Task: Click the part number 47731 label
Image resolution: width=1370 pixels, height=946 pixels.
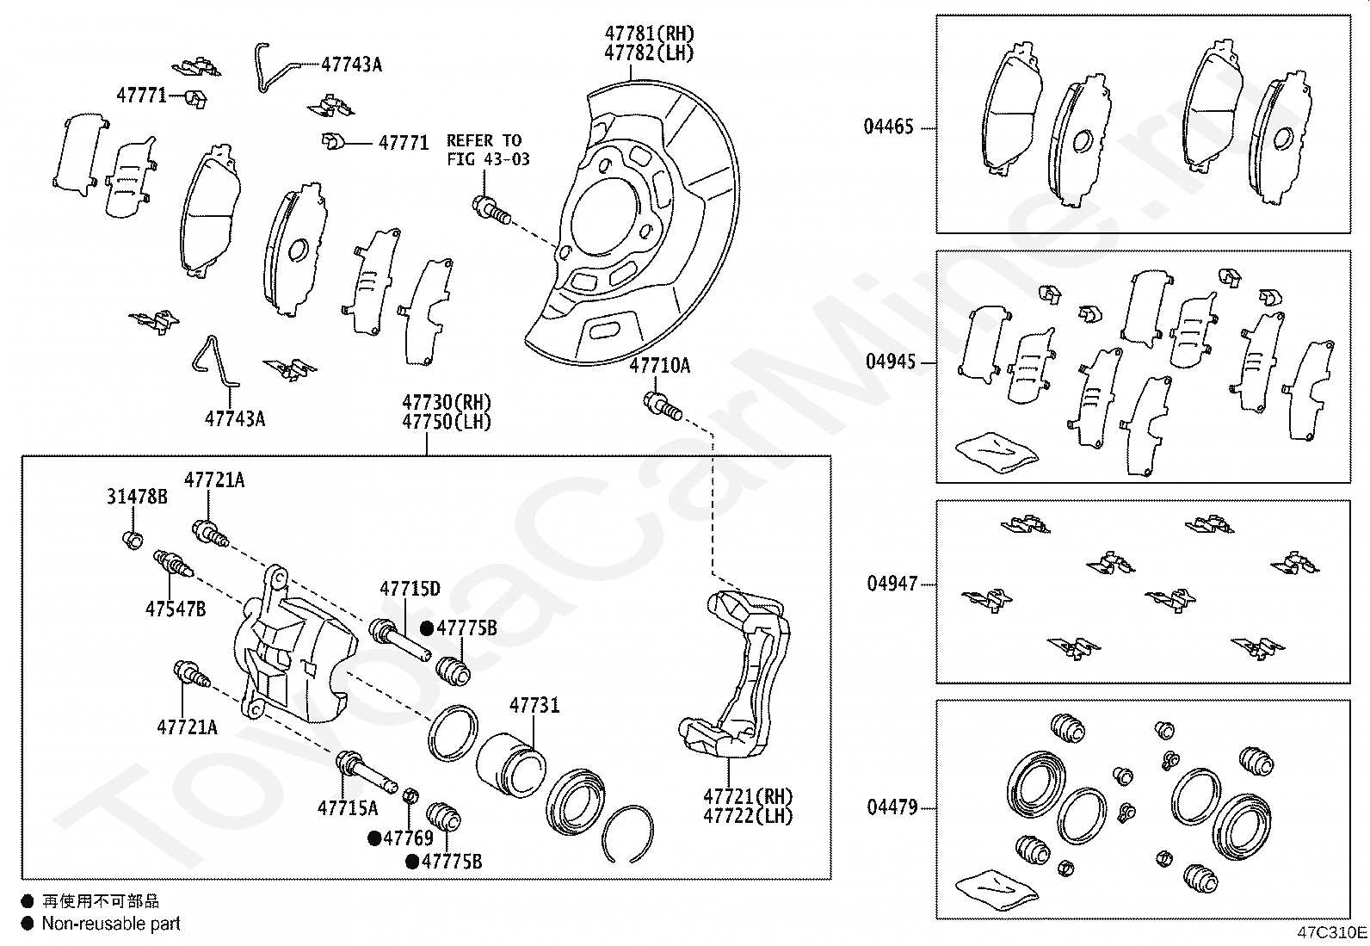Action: tap(534, 706)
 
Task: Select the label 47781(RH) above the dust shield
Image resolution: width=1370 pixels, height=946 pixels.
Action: tap(649, 34)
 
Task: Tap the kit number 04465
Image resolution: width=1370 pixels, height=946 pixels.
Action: tap(888, 127)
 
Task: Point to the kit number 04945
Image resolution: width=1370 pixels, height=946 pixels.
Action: tap(890, 362)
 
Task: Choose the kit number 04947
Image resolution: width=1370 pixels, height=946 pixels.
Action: tap(891, 584)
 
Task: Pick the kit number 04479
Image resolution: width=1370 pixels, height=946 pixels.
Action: tap(892, 807)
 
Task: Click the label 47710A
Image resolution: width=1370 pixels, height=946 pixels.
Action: tap(659, 366)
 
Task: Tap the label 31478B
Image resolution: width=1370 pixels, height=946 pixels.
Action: tap(137, 497)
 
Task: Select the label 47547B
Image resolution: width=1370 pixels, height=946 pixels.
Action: tap(176, 609)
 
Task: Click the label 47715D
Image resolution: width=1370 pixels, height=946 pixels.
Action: tap(410, 589)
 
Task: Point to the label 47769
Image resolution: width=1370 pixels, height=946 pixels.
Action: tap(408, 838)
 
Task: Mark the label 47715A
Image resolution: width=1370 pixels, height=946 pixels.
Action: tap(348, 807)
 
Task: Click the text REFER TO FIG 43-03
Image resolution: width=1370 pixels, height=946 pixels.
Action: tap(488, 150)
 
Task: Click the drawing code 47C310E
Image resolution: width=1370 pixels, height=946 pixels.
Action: tap(1332, 932)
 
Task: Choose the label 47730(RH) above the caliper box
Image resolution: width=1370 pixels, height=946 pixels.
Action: tap(447, 402)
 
